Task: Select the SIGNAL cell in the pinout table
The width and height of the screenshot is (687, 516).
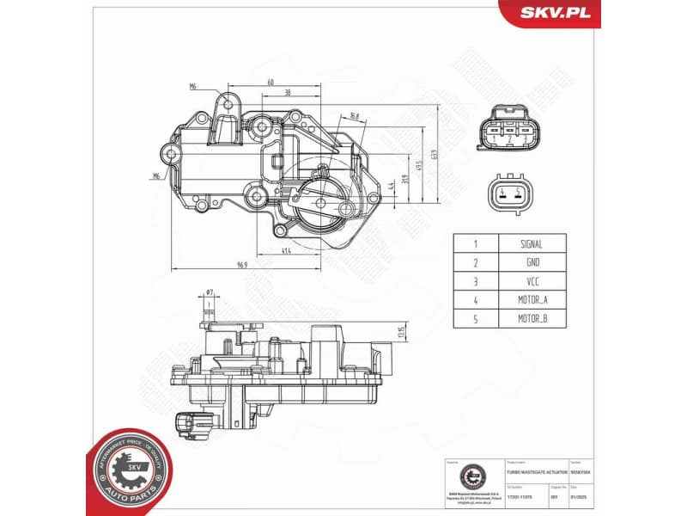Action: [x=531, y=244]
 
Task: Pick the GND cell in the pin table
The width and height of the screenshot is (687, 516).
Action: [x=531, y=263]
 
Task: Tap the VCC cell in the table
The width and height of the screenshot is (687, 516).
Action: [x=531, y=281]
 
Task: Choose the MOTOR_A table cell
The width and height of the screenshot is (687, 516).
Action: [x=531, y=300]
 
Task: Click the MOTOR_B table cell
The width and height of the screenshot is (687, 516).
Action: [x=531, y=319]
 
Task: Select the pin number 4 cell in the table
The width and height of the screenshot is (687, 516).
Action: [x=475, y=300]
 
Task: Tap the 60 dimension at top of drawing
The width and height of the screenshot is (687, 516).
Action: [x=271, y=83]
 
